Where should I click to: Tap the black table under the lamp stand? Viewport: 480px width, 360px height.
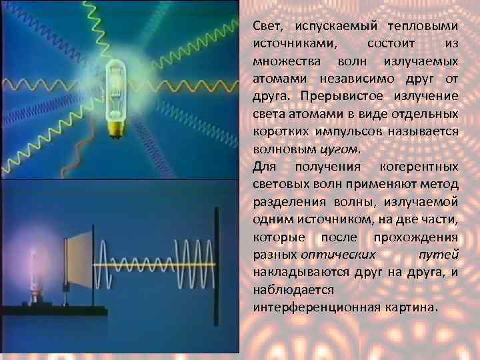coord(53,311)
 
